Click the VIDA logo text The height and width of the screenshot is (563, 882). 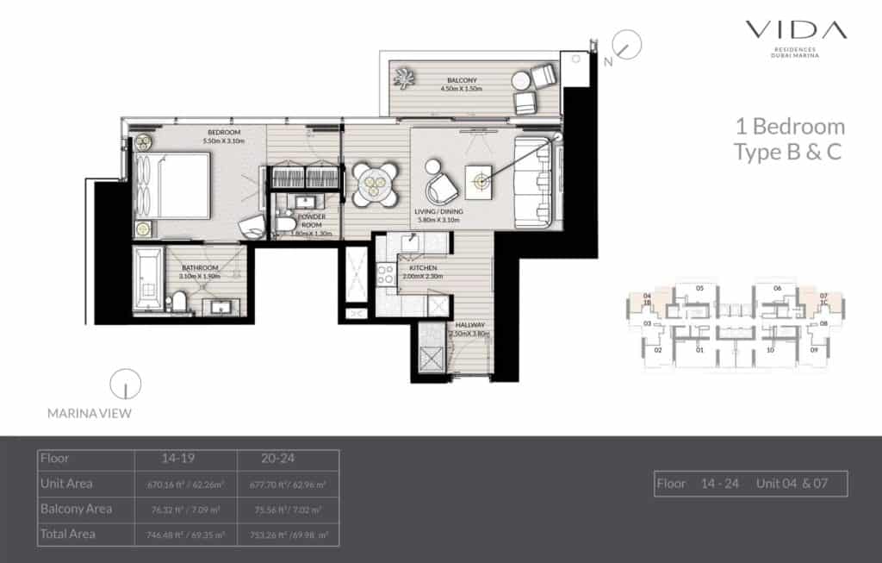(796, 31)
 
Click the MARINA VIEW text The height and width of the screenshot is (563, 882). (90, 414)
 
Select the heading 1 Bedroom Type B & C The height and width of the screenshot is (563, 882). (789, 140)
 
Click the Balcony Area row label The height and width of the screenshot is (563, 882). (76, 509)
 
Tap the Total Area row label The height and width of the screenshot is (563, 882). (68, 534)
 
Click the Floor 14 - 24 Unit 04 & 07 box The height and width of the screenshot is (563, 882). (750, 484)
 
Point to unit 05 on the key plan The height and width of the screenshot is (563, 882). (700, 289)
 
